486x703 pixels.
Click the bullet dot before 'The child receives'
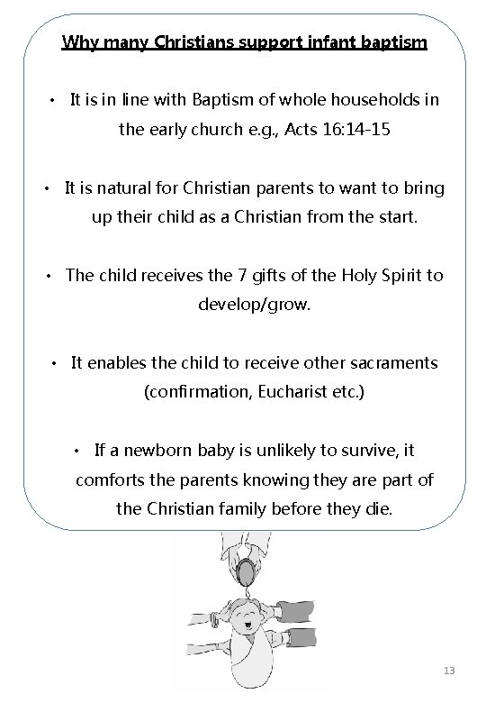coord(51,276)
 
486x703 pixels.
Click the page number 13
coord(450,671)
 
